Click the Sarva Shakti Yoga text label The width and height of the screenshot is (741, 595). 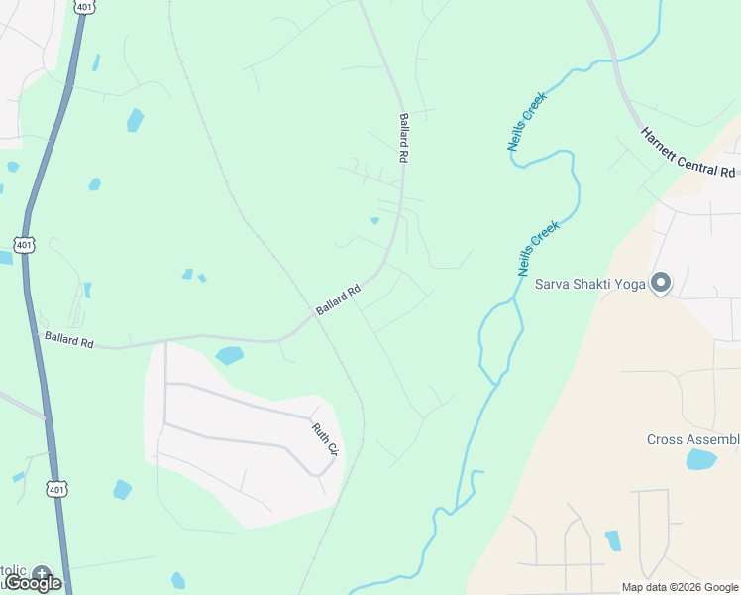(x=590, y=284)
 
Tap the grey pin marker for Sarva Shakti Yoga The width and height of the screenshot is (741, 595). (x=661, y=283)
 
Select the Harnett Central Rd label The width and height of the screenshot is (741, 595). (x=688, y=153)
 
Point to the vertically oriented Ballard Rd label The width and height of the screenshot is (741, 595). (x=404, y=138)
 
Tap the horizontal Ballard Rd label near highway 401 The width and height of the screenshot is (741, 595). (x=68, y=339)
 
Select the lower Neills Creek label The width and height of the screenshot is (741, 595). (x=539, y=248)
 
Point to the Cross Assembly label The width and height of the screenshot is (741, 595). (x=693, y=439)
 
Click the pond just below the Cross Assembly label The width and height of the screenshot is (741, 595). (x=700, y=459)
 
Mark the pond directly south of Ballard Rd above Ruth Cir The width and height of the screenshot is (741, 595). (x=229, y=355)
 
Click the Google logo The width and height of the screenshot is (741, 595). (x=33, y=583)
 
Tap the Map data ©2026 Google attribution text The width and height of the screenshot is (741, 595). (x=680, y=587)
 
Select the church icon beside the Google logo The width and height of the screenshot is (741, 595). (x=41, y=573)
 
